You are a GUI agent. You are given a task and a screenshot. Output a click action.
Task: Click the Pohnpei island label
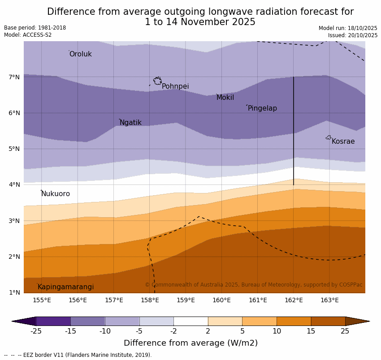click(x=175, y=86)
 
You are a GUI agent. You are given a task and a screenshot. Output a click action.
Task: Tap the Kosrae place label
click(x=343, y=141)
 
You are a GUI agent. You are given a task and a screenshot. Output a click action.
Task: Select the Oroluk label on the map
click(x=80, y=54)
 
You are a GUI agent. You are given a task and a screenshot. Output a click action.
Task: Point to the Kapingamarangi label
click(x=65, y=287)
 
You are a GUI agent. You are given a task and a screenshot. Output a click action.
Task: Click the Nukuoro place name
click(x=56, y=194)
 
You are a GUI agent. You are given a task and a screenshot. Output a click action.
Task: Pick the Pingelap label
click(x=262, y=108)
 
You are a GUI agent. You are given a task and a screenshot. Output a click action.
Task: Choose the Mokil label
click(x=225, y=98)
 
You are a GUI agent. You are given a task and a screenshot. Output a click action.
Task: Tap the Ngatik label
click(x=130, y=123)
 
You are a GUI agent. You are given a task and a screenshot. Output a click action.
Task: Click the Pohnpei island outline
click(x=157, y=81)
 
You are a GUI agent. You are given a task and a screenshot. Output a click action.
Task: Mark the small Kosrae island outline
click(x=329, y=137)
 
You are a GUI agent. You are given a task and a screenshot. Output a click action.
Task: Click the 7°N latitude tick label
click(x=14, y=77)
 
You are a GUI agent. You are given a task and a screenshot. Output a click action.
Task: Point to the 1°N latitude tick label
click(x=14, y=292)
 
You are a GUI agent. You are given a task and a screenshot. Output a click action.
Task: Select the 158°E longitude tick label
click(x=150, y=300)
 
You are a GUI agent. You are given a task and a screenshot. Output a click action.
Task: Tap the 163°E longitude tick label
click(x=329, y=300)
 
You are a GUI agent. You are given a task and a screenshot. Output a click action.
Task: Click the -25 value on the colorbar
click(x=36, y=331)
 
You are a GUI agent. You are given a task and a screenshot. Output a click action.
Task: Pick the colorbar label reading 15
click(x=311, y=331)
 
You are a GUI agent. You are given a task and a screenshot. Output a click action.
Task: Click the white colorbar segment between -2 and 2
click(x=190, y=321)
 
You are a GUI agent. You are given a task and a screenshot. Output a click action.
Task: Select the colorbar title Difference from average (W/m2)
click(x=190, y=343)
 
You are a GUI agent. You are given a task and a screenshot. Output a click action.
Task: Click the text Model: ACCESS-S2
click(x=28, y=35)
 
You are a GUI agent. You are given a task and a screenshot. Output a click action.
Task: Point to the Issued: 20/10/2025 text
click(x=353, y=35)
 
